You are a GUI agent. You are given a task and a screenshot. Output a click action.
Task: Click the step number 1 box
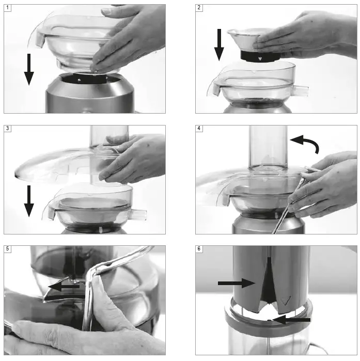(7, 8)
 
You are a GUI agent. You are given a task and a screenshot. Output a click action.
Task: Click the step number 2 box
(199, 8)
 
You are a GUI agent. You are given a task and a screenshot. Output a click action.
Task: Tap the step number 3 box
(7, 129)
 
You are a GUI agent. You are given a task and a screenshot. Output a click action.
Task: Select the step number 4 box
(199, 129)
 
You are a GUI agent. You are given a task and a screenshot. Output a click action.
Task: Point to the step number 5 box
(7, 249)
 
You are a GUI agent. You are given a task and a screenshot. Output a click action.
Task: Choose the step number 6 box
(199, 249)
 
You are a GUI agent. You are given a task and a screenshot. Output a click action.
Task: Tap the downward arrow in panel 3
(29, 202)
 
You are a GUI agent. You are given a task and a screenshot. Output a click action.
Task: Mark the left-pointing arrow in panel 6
(292, 320)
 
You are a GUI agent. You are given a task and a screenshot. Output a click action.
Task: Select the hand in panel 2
(305, 34)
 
